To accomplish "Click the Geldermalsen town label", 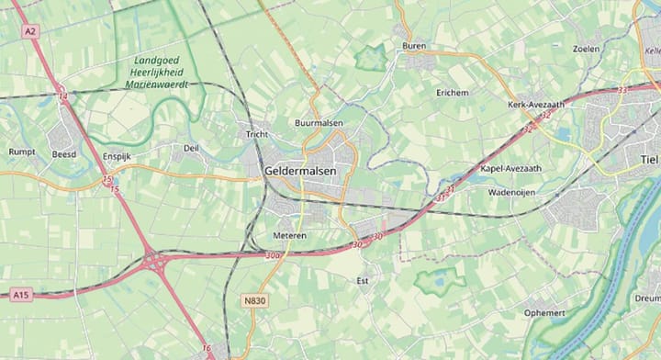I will coord(300,172).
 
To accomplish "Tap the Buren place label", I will coord(414,45).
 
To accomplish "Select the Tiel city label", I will coord(649,159).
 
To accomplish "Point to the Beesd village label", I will coord(64,153).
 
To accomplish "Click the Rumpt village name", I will coord(21,152).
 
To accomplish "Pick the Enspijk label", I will coord(118,157).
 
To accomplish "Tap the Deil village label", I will coord(191,147).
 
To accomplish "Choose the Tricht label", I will coord(256,134).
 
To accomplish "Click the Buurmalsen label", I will coord(319,122).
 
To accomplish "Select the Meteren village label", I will coord(288,235).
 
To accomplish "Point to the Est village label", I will coord(362,280).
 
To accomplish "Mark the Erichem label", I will coord(452,93).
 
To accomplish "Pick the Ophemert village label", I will coord(545,311).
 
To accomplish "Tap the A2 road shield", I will coord(31,31).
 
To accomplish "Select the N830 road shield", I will coord(255,300).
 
